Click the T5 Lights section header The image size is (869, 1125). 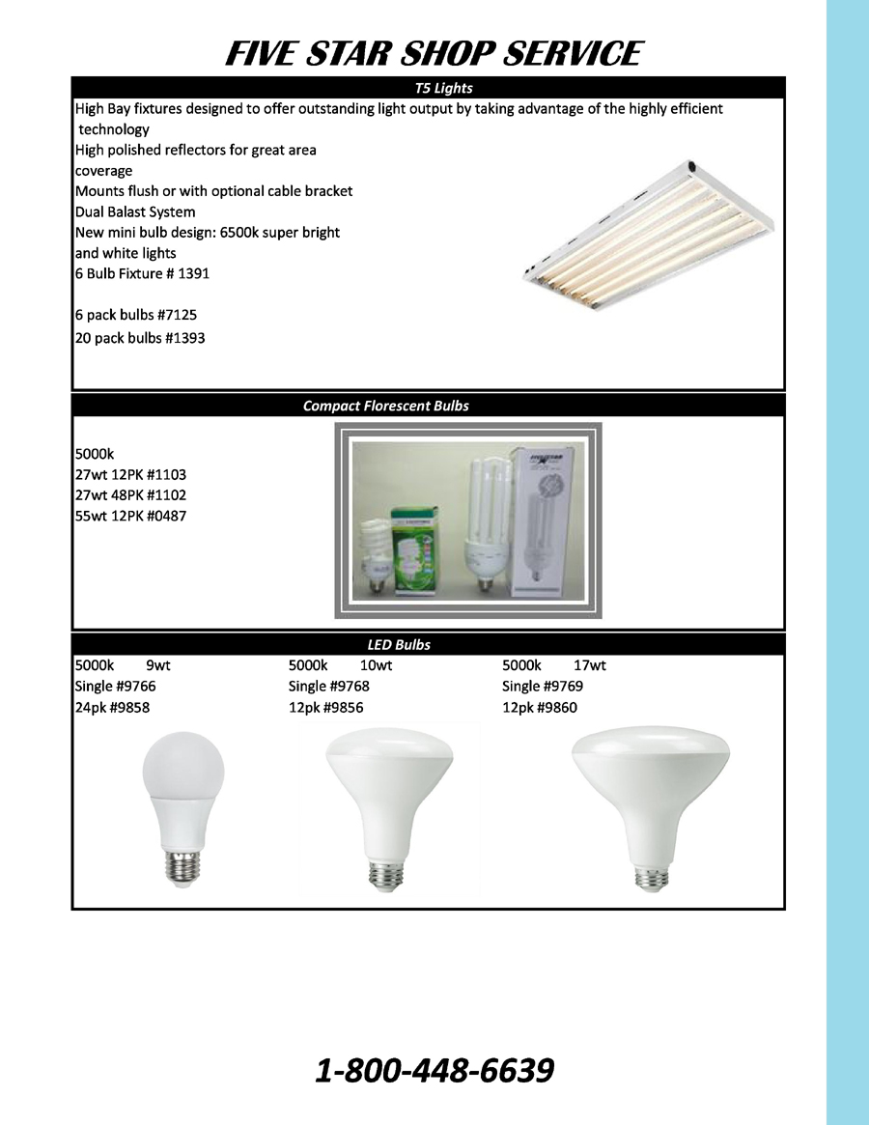[442, 88]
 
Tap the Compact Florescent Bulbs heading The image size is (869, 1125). [386, 406]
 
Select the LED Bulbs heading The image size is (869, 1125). [399, 644]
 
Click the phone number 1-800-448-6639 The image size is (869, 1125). [434, 1070]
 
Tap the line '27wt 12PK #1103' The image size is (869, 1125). [130, 474]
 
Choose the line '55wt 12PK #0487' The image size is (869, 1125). [130, 516]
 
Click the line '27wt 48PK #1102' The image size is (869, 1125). [130, 494]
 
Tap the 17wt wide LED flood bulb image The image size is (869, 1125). [650, 807]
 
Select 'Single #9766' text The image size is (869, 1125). [115, 686]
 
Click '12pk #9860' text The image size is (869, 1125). [540, 707]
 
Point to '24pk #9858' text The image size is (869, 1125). [112, 707]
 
